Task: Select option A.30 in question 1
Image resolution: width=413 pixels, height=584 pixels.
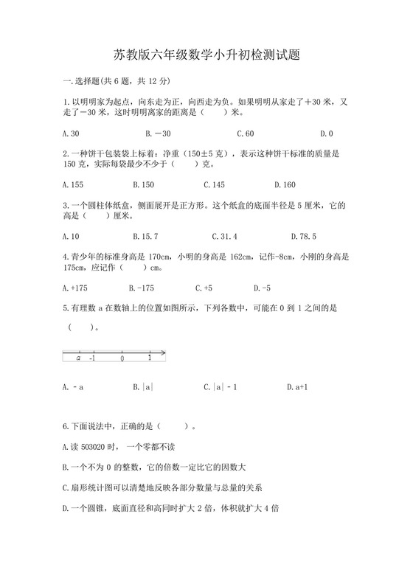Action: [72, 133]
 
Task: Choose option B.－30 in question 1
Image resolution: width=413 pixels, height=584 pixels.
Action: [158, 133]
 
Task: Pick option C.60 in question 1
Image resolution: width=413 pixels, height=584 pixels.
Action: [246, 133]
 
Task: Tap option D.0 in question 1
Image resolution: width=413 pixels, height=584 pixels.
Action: [327, 133]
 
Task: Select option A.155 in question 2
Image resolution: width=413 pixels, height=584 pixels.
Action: [74, 185]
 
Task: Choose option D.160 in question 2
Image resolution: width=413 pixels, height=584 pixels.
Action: [285, 185]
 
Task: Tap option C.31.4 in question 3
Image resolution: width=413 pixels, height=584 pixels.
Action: [224, 237]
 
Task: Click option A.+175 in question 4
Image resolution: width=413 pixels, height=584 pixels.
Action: [76, 288]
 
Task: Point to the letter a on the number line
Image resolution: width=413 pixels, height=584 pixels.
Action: [78, 358]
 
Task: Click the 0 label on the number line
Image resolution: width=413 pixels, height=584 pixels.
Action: [122, 359]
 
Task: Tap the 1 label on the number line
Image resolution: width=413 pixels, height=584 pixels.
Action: [149, 358]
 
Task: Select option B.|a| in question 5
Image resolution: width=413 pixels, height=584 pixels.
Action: [142, 386]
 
